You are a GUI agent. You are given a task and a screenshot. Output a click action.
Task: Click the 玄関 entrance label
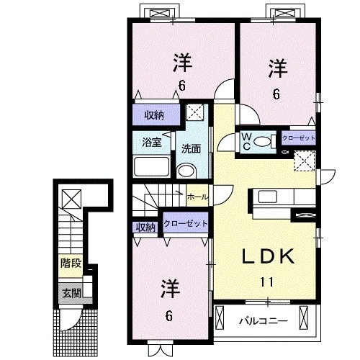[x=71, y=293]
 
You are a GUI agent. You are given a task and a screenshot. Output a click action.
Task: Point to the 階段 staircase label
[x=71, y=264]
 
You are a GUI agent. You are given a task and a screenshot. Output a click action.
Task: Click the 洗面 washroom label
[x=191, y=150]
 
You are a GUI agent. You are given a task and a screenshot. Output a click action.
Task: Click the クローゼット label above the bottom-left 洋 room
[x=186, y=224]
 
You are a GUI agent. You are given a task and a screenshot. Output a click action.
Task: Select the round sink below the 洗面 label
[x=186, y=171]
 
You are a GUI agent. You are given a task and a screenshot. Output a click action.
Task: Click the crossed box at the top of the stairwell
[x=71, y=197]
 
